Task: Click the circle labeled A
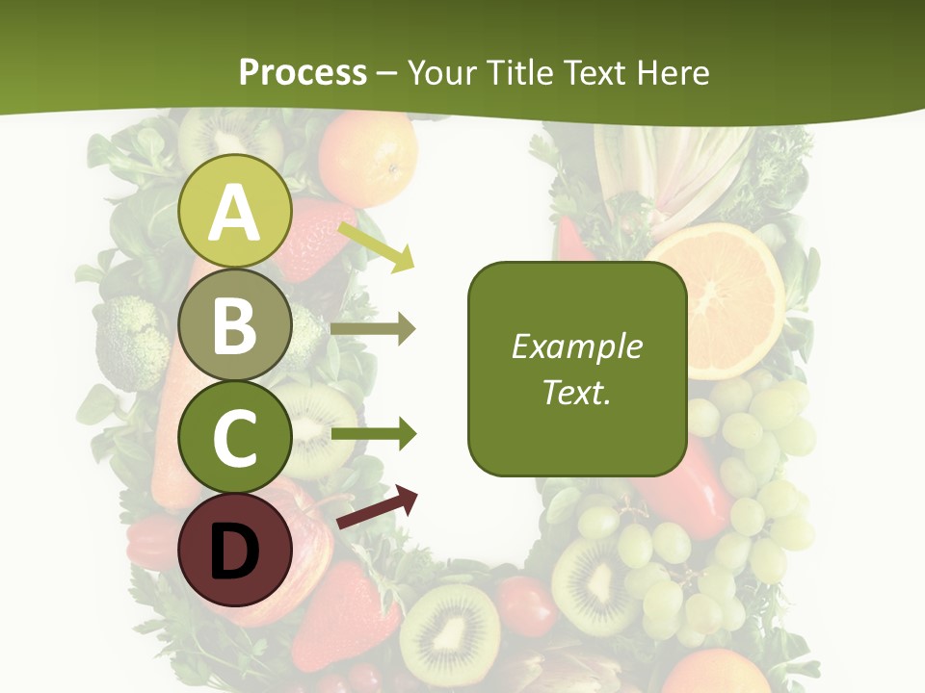tap(234, 211)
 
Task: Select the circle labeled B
tap(234, 324)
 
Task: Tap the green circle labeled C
tap(234, 437)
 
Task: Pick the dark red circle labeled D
tap(234, 550)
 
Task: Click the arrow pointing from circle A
tap(377, 246)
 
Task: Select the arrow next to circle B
tap(373, 329)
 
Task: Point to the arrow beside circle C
tap(374, 434)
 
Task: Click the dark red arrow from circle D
tap(378, 507)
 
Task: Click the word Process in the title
tap(303, 72)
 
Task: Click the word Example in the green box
tap(576, 346)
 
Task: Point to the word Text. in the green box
tap(576, 392)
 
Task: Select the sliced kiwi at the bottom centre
tap(450, 634)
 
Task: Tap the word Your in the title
tap(442, 72)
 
